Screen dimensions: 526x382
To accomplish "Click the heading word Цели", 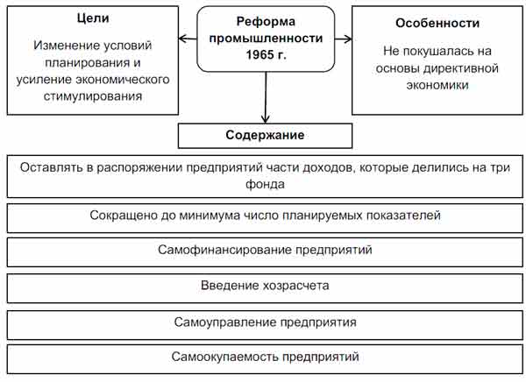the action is point(93,18).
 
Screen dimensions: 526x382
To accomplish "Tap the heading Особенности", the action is point(437,23).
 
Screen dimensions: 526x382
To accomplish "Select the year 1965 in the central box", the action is point(259,54).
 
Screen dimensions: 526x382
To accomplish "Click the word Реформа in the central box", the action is point(266,21).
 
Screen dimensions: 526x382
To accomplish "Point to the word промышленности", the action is point(266,39).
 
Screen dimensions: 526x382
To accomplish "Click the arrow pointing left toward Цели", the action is point(188,39).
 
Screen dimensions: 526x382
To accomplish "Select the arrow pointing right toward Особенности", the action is point(343,39).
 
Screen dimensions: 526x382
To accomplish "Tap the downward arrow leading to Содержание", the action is point(266,97).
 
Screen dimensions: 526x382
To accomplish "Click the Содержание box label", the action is point(265,135).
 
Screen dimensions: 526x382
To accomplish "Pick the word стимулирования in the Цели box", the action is point(93,96).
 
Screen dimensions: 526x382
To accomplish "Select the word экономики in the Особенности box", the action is point(437,85).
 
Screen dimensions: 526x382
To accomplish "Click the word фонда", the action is point(265,184).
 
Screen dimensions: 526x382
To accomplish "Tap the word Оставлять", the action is point(52,167).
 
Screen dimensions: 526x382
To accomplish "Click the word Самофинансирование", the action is point(224,250).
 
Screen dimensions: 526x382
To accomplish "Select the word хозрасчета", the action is point(296,286).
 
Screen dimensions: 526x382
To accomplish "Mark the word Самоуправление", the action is point(225,322).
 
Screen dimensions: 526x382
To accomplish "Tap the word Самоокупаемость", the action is point(225,357).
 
